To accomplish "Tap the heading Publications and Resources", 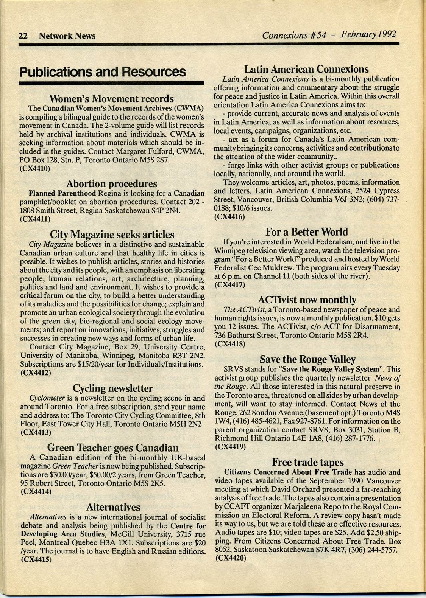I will pos(103,72).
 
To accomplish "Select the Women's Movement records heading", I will pos(112,99).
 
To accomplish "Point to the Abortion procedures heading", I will pos(112,184).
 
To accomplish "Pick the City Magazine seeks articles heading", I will pos(112,234).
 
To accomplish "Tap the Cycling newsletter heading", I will pos(112,388).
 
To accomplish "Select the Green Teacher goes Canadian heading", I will pos(113,448).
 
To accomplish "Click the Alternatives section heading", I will pos(113,507).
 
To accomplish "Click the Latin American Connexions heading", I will pos(306,69).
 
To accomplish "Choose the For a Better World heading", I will pos(306,231).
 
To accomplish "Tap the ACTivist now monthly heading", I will pos(307,300).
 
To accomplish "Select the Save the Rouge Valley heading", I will pos(307,359).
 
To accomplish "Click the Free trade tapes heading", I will pos(308,462).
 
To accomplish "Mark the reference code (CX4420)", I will pos(230,558).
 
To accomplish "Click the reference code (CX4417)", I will pos(229,285).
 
